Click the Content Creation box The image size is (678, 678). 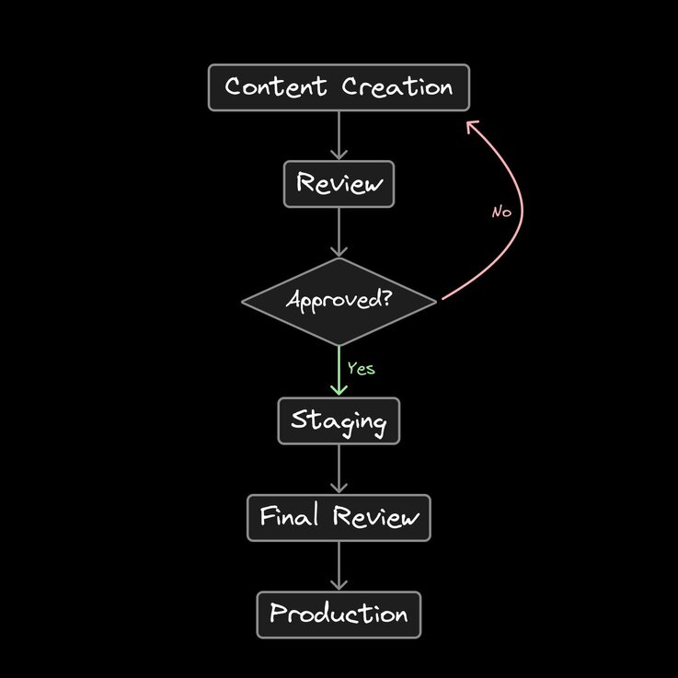tap(339, 88)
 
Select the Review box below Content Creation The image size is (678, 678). tap(339, 184)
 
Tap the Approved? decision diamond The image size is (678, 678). tap(339, 302)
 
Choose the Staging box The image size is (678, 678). tap(339, 421)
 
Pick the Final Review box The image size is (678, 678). tap(339, 517)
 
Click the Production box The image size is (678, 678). tap(339, 615)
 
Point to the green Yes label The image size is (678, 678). tap(361, 368)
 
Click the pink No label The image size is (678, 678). tap(501, 212)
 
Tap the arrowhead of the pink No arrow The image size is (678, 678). tap(470, 123)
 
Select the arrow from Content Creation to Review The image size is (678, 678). tap(339, 135)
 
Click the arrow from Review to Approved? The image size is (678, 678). tap(339, 232)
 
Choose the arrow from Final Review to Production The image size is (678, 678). tap(339, 566)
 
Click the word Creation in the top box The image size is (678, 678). tap(397, 88)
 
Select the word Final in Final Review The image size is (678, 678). tap(289, 517)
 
